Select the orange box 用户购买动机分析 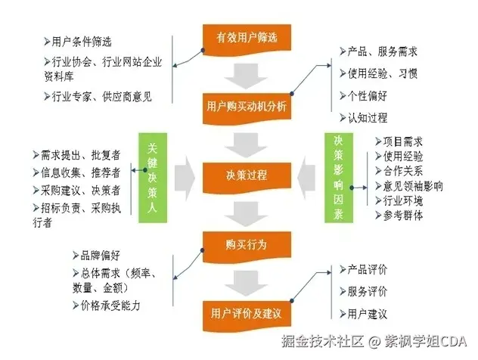pyautogui.click(x=246, y=107)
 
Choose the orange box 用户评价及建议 pyautogui.click(x=246, y=312)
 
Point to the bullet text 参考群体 pyautogui.click(x=403, y=216)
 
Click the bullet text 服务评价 pyautogui.click(x=367, y=291)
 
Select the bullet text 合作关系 pyautogui.click(x=403, y=171)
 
